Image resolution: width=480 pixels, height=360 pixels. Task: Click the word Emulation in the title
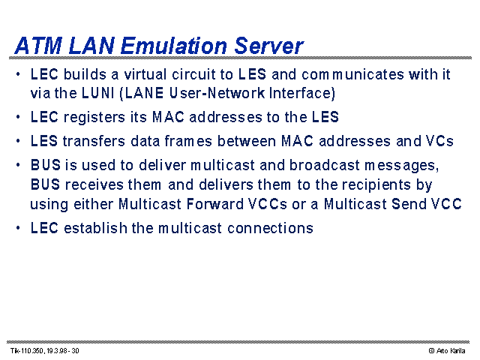click(174, 46)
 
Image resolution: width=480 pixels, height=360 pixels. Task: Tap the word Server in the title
click(268, 46)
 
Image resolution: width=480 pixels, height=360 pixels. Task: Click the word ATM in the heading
click(38, 46)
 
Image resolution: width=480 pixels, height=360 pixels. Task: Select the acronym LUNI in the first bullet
click(98, 93)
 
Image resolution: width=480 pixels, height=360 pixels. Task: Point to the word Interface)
click(302, 94)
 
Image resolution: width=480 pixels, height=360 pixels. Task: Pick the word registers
click(94, 118)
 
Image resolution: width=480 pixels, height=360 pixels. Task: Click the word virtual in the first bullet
click(145, 75)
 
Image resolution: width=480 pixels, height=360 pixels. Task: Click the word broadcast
click(325, 165)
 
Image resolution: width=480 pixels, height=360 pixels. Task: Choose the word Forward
click(214, 204)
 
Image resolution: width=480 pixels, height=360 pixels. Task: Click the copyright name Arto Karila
click(451, 351)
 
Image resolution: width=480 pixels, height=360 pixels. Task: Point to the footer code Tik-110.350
click(28, 351)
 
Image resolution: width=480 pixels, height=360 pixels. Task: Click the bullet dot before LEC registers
click(18, 117)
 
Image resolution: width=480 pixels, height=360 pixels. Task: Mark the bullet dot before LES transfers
click(18, 141)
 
